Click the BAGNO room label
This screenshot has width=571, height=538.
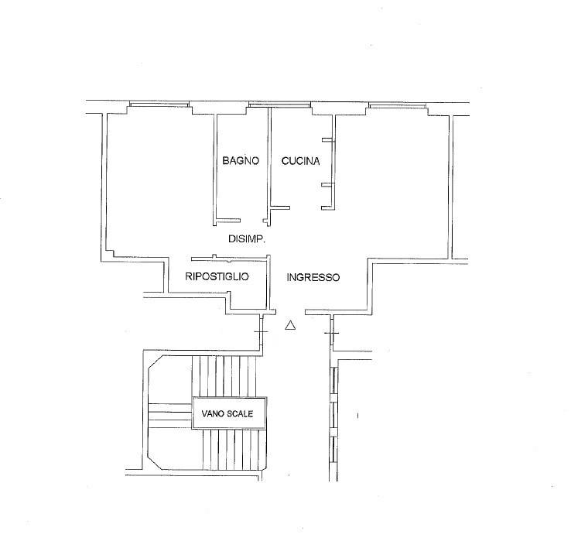point(241,161)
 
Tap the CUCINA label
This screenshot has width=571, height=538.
point(301,161)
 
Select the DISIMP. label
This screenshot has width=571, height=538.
point(247,239)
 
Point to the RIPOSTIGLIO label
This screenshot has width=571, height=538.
point(217,276)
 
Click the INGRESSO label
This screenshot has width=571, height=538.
point(313,278)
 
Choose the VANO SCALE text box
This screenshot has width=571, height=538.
point(230,413)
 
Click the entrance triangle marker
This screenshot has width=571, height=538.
point(290,325)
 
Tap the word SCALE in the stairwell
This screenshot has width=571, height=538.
point(240,414)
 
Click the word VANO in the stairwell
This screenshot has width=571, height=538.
point(213,414)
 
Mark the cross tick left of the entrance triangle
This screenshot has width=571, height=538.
point(261,331)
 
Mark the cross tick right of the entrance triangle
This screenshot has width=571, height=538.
point(331,333)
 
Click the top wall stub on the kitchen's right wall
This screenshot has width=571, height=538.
point(327,139)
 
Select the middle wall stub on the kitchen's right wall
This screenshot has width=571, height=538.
point(327,185)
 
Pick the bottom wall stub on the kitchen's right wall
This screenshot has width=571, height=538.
point(327,208)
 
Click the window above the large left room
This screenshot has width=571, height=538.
point(159,105)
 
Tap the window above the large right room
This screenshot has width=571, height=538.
point(397,105)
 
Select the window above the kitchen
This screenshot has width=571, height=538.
point(279,105)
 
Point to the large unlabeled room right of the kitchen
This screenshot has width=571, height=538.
point(392,182)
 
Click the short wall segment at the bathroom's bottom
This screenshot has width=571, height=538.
point(227,221)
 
